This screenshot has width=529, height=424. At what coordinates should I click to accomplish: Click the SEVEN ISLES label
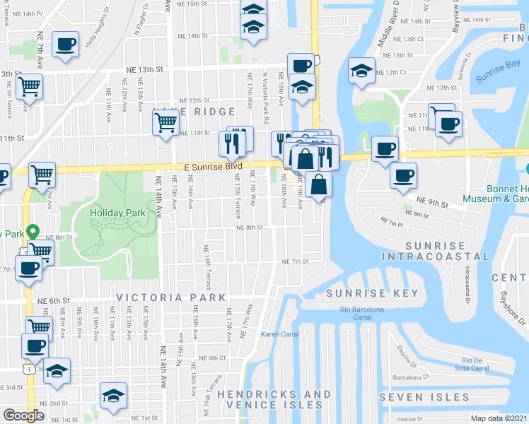424,396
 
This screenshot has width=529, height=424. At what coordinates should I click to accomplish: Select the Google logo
23,416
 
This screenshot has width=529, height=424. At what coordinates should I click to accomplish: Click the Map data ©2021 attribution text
499,418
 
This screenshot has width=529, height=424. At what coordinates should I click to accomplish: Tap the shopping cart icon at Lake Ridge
165,122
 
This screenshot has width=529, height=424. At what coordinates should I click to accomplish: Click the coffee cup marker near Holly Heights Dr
66,44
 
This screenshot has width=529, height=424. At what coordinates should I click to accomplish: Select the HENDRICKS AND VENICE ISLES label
274,399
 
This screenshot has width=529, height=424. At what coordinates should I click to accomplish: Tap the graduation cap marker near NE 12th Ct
361,71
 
